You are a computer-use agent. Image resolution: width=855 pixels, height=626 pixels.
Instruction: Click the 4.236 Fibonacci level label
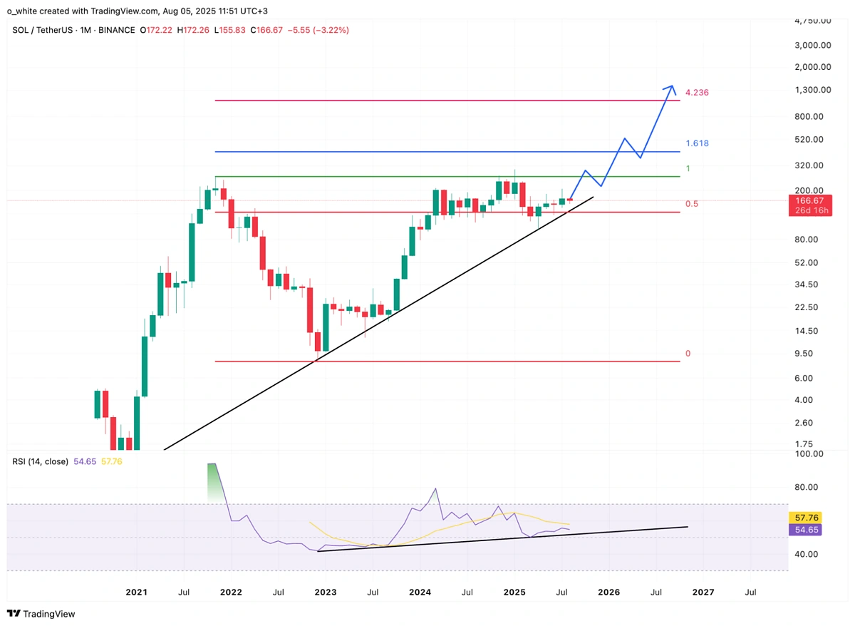click(696, 93)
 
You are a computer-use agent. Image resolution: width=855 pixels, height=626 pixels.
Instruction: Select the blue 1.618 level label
click(696, 143)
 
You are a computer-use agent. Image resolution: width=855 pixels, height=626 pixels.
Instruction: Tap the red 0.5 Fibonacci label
click(691, 204)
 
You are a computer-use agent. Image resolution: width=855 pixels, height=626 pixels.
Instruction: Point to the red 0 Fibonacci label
click(688, 354)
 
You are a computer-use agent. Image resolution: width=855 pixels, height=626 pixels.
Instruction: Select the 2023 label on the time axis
click(326, 592)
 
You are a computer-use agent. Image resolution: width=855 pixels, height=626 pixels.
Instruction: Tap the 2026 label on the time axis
click(608, 592)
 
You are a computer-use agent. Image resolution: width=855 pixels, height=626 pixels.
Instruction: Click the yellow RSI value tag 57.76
click(806, 517)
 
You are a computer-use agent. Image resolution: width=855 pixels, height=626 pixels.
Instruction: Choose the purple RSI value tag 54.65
click(806, 530)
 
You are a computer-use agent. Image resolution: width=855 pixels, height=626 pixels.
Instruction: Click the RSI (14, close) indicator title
click(40, 461)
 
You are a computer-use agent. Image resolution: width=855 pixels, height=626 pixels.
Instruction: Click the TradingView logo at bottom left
click(41, 613)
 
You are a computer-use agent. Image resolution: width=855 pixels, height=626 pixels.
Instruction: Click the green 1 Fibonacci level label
click(688, 168)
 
